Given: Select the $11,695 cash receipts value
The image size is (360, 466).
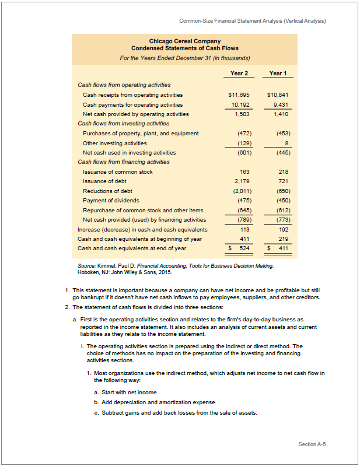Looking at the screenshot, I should [238, 94].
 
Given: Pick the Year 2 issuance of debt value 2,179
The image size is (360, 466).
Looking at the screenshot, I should [240, 181].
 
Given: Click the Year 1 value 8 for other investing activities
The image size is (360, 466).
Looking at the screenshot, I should [286, 142].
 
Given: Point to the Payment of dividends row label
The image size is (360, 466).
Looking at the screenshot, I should [111, 201].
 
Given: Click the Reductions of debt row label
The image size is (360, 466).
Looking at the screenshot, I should [107, 191].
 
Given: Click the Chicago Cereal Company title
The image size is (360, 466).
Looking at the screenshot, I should [184, 41].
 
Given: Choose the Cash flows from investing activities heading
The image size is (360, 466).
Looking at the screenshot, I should [124, 124].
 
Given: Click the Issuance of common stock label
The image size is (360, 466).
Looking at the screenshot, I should [118, 172].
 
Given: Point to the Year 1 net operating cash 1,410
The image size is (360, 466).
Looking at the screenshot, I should [281, 114].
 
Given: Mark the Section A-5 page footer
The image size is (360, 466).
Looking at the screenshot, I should [312, 444].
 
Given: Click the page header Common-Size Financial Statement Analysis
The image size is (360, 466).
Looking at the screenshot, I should [252, 22].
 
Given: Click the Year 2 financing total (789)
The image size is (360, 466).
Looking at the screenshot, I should [240, 220].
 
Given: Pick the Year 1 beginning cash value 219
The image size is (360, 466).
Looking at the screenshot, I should [283, 239].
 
